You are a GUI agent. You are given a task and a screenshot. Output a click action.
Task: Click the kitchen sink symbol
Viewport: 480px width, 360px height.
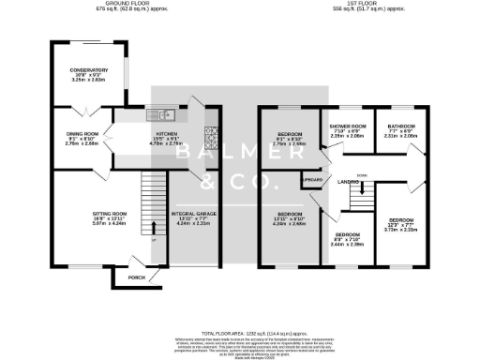(x=165, y=116)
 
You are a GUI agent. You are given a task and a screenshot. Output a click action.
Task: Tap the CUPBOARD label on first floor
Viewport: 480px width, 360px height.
(x=312, y=175)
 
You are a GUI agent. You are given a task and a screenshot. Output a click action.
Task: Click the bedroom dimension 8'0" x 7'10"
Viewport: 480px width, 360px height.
(x=349, y=239)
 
